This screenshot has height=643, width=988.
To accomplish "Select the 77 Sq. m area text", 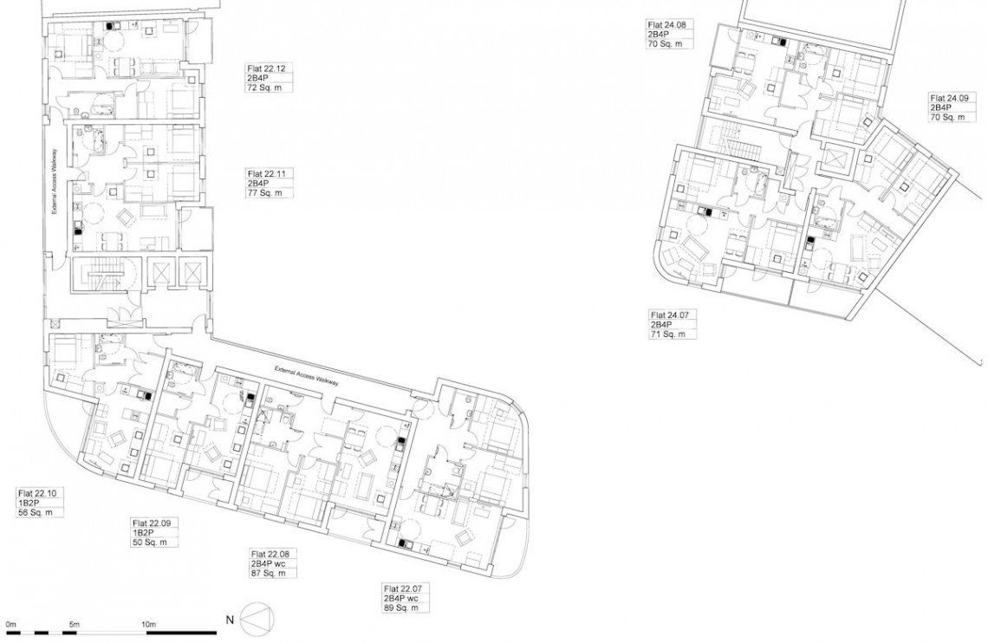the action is [x=265, y=192].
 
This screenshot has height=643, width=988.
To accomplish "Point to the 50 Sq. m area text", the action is [x=149, y=542].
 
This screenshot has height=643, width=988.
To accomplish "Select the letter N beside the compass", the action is [x=231, y=620].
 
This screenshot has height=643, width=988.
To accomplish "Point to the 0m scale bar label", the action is [x=10, y=624].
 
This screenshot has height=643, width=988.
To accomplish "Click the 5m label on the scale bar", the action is [x=75, y=624].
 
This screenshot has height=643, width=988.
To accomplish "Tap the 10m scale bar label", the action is [x=149, y=624].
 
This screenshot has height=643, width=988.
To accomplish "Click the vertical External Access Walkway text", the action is [x=55, y=181].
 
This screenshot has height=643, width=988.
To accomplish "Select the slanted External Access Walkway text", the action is [x=308, y=376].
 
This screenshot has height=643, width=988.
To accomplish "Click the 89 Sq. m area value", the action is [x=400, y=607].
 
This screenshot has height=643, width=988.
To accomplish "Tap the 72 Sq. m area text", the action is [x=265, y=88].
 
